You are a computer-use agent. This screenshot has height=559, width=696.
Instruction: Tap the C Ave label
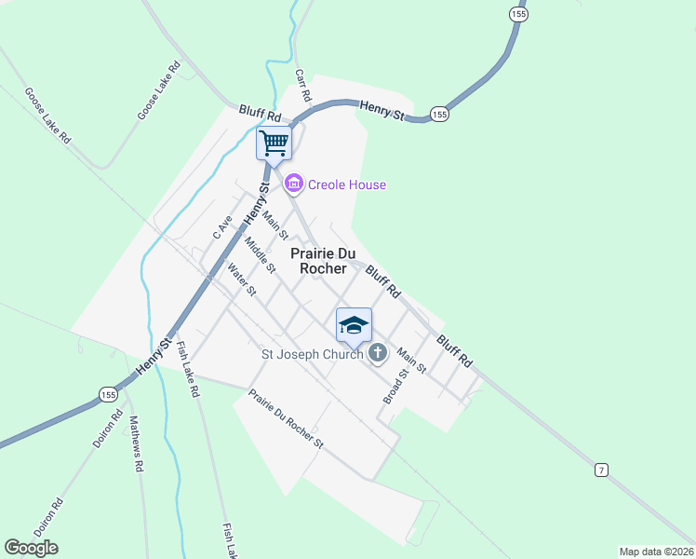tap(221, 227)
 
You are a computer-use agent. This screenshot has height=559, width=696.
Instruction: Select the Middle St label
tap(260, 255)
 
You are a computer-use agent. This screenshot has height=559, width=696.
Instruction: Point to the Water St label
tap(241, 280)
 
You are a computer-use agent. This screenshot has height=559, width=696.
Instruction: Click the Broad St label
tap(396, 385)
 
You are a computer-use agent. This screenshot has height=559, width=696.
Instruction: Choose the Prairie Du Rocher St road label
tap(285, 419)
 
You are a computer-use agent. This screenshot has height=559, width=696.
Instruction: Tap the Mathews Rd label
tap(138, 443)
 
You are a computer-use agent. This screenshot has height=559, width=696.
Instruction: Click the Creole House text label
tap(347, 184)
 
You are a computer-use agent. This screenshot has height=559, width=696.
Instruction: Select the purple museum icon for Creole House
tap(294, 184)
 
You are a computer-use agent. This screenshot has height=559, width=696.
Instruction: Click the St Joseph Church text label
tap(312, 354)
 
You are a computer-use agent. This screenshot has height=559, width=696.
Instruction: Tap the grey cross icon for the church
tap(377, 353)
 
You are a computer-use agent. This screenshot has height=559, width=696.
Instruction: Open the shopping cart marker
tap(274, 144)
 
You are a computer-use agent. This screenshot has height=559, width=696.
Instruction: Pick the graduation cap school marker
tap(354, 325)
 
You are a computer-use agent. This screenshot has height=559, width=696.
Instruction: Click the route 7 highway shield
tap(602, 470)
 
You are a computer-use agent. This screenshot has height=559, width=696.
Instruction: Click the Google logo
tap(31, 548)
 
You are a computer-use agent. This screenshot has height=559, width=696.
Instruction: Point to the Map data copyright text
tap(656, 552)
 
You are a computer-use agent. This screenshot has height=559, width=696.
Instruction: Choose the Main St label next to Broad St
tap(411, 361)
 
